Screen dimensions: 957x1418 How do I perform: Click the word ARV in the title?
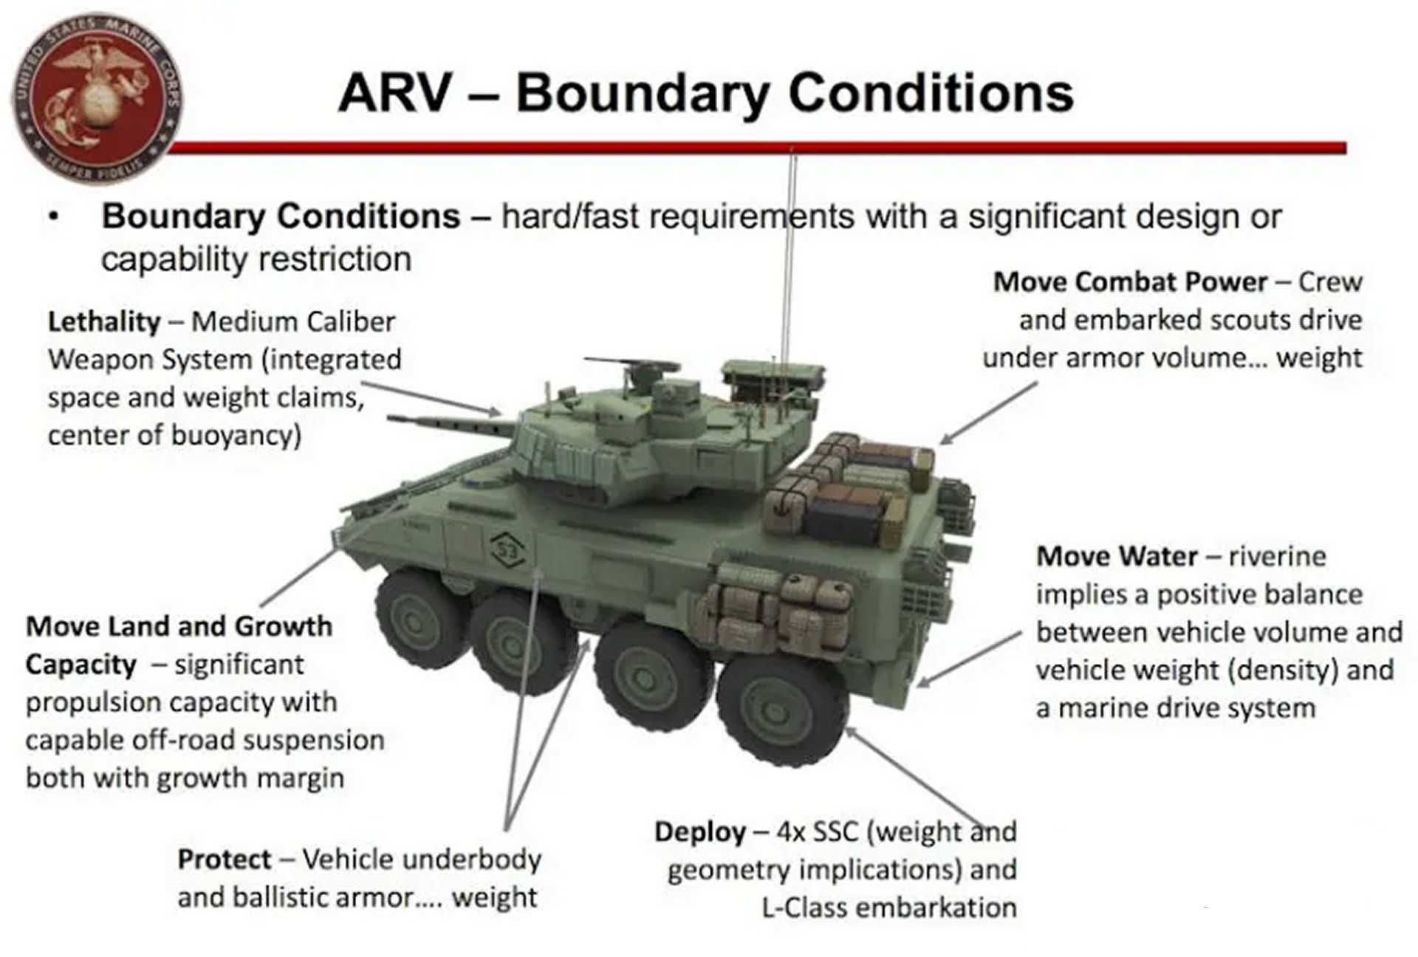[x=395, y=94]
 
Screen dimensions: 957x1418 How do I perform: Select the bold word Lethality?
[x=104, y=322]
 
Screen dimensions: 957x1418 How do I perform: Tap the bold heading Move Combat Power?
[x=1129, y=282]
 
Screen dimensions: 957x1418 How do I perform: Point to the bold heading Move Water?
[x=1117, y=556]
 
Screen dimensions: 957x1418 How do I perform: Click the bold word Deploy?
[x=699, y=832]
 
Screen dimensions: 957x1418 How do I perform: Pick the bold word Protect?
[x=225, y=860]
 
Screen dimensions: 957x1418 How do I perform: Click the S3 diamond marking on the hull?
[x=507, y=549]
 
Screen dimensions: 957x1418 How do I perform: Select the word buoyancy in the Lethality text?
[x=236, y=435]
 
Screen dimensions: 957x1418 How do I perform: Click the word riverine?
[x=1277, y=556]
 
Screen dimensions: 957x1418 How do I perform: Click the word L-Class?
[x=804, y=908]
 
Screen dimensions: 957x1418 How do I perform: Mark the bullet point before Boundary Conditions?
[x=53, y=217]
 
